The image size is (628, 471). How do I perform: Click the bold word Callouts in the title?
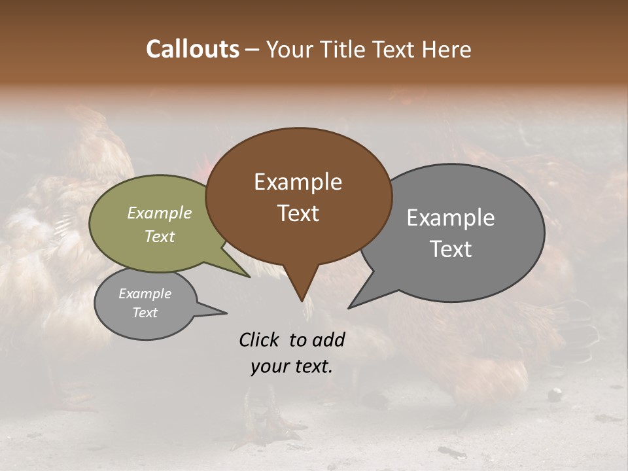[x=192, y=49]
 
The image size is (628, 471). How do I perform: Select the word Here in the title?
[x=448, y=49]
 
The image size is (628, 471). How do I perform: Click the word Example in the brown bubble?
[x=298, y=182]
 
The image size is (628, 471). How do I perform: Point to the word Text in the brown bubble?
[x=298, y=213]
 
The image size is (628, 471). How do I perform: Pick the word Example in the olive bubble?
[x=160, y=213]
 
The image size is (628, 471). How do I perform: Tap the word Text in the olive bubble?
[x=160, y=237]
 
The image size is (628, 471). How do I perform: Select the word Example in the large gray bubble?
[x=451, y=218]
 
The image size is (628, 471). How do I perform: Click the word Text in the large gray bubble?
[x=451, y=249]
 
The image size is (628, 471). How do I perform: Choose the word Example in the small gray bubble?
[x=145, y=294]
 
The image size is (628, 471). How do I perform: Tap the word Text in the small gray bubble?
[x=145, y=313]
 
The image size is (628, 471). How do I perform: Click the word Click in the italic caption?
[x=260, y=340]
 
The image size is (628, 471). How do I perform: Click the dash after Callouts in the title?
[x=253, y=50]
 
